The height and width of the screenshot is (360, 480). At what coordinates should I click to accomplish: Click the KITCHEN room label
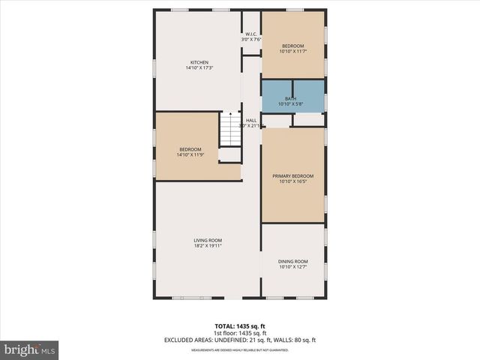pos(199,62)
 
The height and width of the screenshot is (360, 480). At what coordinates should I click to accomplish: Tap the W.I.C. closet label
pos(250,34)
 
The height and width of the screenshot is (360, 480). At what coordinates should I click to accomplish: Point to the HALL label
pos(251,120)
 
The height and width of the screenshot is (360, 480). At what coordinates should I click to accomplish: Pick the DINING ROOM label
pos(292,261)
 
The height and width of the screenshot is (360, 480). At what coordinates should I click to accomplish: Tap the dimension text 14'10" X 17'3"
pos(199,68)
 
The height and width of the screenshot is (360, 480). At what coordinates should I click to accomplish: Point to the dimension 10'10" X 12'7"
pos(292,267)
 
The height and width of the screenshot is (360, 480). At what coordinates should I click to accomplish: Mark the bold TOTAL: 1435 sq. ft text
pos(239,327)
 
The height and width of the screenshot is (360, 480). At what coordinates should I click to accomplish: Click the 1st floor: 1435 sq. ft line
pos(239,334)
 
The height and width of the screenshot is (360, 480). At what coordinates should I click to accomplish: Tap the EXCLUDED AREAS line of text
pos(239,340)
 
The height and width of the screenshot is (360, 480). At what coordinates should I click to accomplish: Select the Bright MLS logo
pos(30,349)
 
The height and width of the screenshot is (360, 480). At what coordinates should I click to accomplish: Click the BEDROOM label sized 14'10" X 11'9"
pos(190,149)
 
